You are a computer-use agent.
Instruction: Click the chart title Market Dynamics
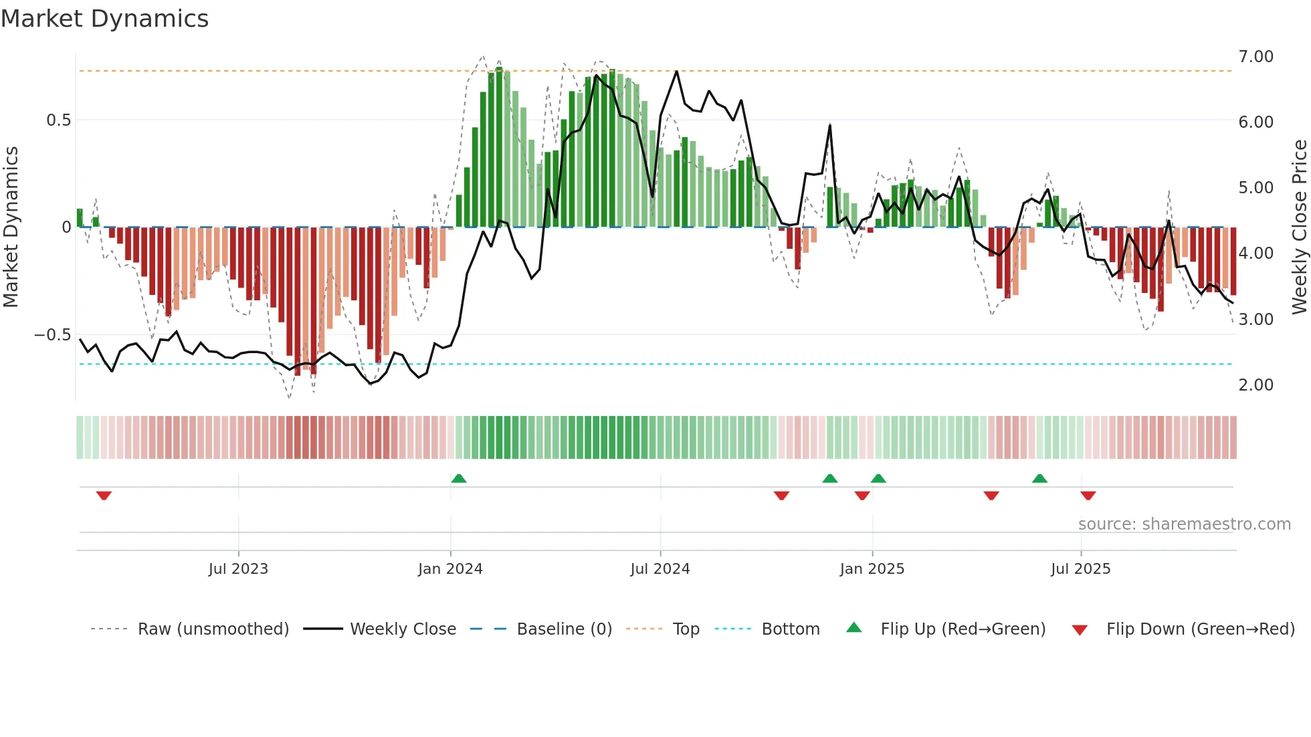pos(105,19)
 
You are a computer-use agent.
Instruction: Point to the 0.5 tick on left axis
pos(58,120)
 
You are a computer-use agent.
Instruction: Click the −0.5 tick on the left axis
pos(53,335)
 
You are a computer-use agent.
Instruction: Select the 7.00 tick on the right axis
pos(1255,57)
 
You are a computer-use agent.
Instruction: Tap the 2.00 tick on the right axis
pos(1255,385)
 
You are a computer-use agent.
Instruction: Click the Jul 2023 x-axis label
pos(238,569)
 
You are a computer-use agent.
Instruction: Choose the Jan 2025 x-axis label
pos(872,569)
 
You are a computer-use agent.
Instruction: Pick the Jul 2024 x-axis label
pos(660,569)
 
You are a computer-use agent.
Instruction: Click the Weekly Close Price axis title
pos(1299,227)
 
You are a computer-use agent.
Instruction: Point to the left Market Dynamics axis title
pos(11,227)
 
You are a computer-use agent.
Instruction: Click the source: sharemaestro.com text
pos(1184,524)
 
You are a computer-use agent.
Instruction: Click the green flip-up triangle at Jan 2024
pos(458,478)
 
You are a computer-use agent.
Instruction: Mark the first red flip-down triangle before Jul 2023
pos(104,496)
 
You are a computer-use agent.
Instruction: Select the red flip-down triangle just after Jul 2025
pos(1088,496)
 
